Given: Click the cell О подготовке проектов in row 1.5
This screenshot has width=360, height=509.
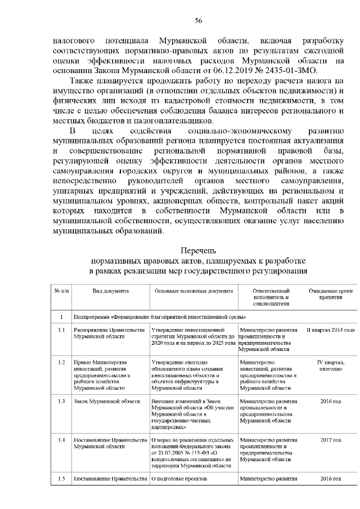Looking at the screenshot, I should pyautogui.click(x=180, y=478).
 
